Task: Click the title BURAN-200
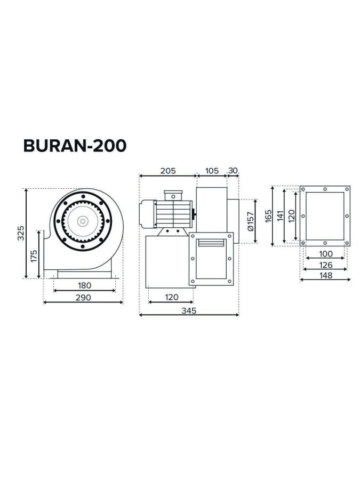[x=75, y=145]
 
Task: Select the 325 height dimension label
[x=20, y=233]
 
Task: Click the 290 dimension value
[x=83, y=297]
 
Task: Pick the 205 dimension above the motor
[x=168, y=171]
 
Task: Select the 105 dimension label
[x=212, y=171]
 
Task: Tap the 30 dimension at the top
[x=233, y=171]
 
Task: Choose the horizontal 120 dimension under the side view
[x=171, y=297]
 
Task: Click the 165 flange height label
[x=268, y=215]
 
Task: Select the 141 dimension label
[x=280, y=215]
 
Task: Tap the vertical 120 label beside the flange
[x=291, y=215]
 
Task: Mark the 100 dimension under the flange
[x=325, y=254]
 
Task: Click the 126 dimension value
[x=325, y=265]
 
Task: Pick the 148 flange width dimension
[x=325, y=275]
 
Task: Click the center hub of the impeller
[x=83, y=221]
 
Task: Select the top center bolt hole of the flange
[x=325, y=189]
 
